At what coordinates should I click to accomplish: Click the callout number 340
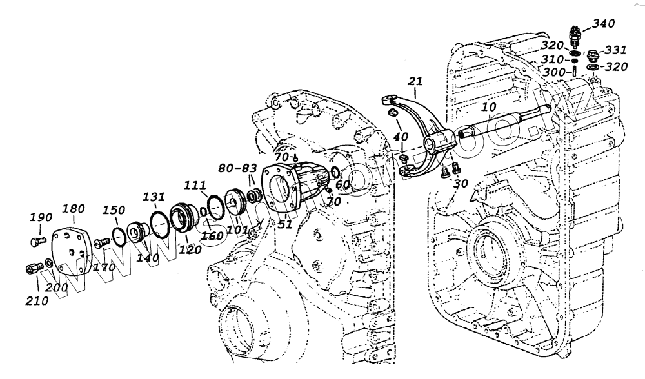[x=604, y=24]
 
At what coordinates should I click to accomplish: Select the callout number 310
[x=552, y=59]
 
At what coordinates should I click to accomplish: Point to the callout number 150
[x=114, y=210]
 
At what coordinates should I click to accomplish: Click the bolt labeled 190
[x=36, y=241]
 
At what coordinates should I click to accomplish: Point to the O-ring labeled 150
[x=120, y=236]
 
